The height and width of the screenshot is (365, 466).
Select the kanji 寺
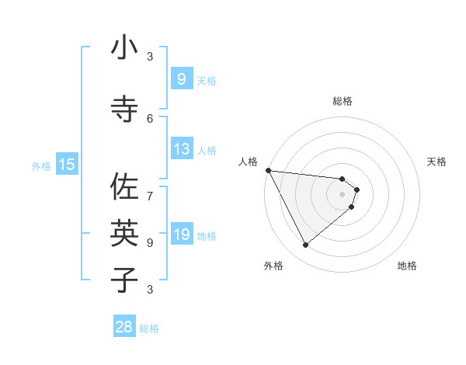click(124, 109)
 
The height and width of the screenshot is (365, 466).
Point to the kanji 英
click(124, 232)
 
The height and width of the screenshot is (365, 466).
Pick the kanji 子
click(124, 280)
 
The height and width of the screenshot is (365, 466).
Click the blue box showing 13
click(181, 149)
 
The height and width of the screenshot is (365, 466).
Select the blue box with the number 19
click(181, 235)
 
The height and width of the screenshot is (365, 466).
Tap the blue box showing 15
click(66, 164)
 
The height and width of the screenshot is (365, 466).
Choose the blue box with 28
click(124, 327)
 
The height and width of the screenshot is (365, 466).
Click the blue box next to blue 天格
click(181, 79)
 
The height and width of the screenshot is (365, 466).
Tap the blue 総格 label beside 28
click(149, 328)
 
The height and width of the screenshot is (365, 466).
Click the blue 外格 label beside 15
click(41, 165)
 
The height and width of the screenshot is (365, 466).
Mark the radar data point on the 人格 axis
click(268, 170)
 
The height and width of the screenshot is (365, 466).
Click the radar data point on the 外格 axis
click(305, 245)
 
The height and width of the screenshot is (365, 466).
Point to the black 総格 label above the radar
click(342, 101)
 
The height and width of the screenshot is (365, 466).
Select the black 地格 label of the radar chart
click(407, 266)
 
